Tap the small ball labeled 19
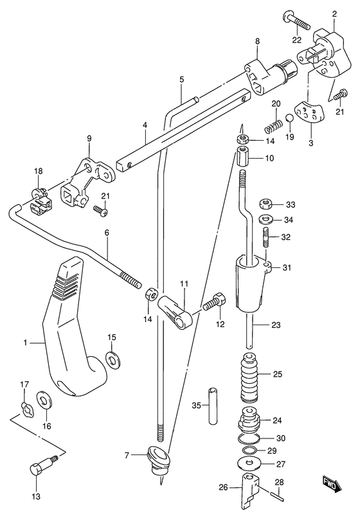[x=290, y=118]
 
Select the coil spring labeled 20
[x=273, y=126]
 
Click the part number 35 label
[x=197, y=405]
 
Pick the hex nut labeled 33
[x=266, y=203]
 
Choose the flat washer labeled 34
[x=266, y=220]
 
